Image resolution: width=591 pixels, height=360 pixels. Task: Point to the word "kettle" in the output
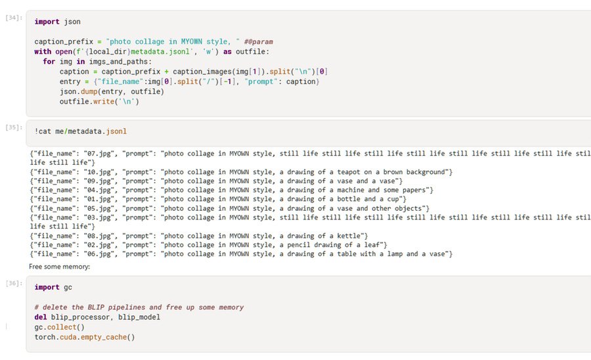pyautogui.click(x=351, y=235)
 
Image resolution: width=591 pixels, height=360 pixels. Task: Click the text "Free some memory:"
pyautogui.click(x=59, y=267)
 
